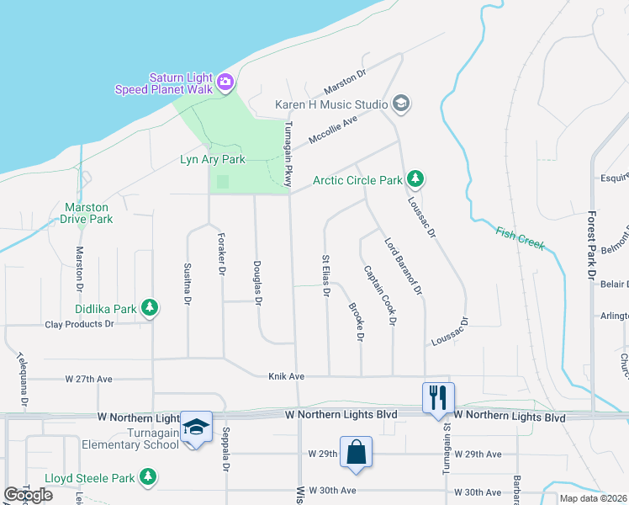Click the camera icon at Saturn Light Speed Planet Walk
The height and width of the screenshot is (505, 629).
pyautogui.click(x=225, y=82)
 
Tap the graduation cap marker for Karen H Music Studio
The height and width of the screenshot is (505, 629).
pyautogui.click(x=401, y=104)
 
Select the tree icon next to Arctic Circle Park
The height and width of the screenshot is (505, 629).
pyautogui.click(x=415, y=179)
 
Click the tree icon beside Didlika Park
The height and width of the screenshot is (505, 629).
pyautogui.click(x=150, y=309)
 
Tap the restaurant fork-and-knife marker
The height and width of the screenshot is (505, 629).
pyautogui.click(x=437, y=397)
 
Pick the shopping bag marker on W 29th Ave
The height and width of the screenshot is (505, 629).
pyautogui.click(x=356, y=450)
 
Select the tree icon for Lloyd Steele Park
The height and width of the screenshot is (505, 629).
pyautogui.click(x=148, y=478)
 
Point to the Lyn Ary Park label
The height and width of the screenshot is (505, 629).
pyautogui.click(x=213, y=159)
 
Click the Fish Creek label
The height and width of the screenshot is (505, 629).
pyautogui.click(x=521, y=238)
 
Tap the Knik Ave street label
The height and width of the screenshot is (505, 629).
pyautogui.click(x=286, y=375)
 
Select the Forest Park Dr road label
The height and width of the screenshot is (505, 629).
pyautogui.click(x=592, y=246)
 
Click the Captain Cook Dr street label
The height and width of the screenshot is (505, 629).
pyautogui.click(x=379, y=295)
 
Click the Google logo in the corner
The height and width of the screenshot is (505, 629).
pyautogui.click(x=28, y=494)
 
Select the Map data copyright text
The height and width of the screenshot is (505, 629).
pyautogui.click(x=593, y=498)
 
